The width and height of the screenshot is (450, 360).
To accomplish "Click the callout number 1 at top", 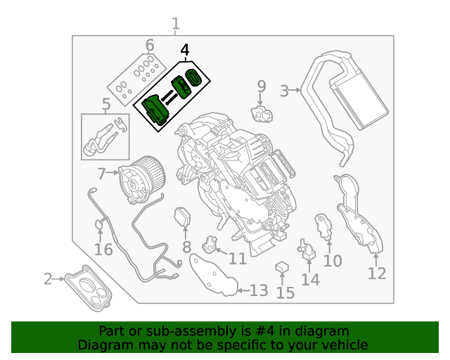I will (x=176, y=26).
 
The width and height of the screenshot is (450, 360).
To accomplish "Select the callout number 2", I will (x=48, y=280).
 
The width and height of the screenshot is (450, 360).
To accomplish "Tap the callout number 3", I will (x=284, y=90).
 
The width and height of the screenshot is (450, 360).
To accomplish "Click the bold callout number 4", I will (x=185, y=51).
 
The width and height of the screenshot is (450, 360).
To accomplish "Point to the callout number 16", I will (x=103, y=250).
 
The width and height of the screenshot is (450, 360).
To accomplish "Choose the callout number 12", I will (x=377, y=273).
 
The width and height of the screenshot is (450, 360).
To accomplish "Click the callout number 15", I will (x=285, y=292).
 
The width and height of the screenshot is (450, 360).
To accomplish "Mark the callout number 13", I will (x=259, y=290).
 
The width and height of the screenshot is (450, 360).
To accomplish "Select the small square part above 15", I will (x=282, y=266).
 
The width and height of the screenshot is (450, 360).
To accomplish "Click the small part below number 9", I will (x=262, y=112).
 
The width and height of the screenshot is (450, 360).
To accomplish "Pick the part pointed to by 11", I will (x=209, y=244).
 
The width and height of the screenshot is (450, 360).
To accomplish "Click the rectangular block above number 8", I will (x=184, y=217).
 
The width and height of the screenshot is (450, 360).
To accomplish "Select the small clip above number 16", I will (x=99, y=224).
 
